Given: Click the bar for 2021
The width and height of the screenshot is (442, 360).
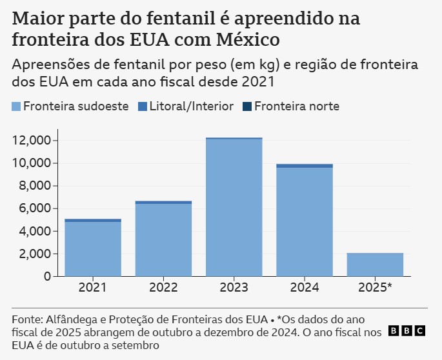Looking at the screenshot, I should pyautogui.click(x=93, y=248).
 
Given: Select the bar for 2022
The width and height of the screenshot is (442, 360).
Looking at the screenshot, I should pyautogui.click(x=163, y=239).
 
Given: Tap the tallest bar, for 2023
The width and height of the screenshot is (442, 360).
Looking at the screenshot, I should pyautogui.click(x=234, y=207).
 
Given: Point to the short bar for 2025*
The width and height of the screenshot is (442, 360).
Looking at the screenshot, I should pyautogui.click(x=375, y=265).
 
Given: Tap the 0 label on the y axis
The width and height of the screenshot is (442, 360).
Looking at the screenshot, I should pyautogui.click(x=46, y=277).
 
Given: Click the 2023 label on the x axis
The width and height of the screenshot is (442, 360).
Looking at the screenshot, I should pyautogui.click(x=234, y=288).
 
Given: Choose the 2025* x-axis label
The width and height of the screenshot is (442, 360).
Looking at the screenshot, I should pyautogui.click(x=375, y=288).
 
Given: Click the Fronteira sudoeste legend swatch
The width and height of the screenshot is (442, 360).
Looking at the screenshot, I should pyautogui.click(x=16, y=106).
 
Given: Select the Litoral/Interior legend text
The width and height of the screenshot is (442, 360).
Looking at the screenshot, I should pyautogui.click(x=191, y=106).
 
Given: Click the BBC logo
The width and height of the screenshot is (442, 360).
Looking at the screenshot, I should pyautogui.click(x=407, y=331).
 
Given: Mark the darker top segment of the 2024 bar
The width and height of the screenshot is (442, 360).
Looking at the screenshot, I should pyautogui.click(x=305, y=166).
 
